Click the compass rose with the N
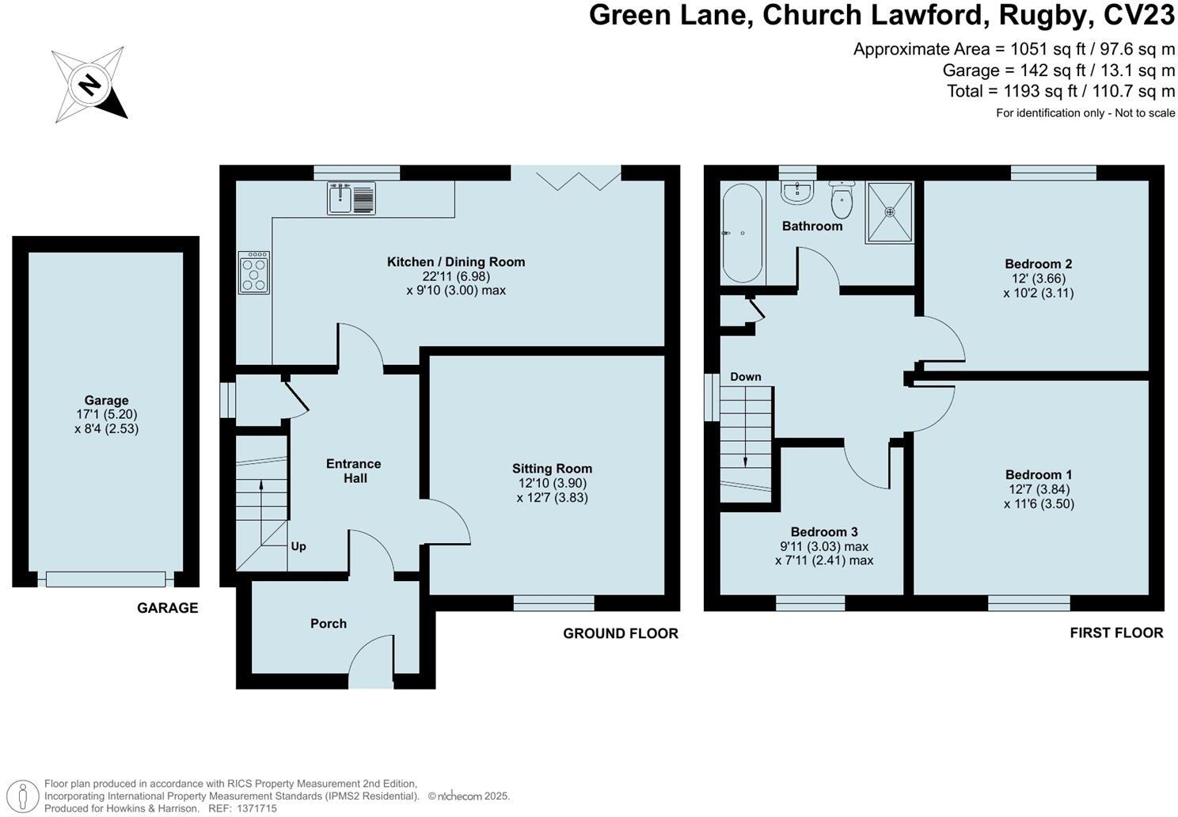pos(89,84)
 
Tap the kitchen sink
pos(351,198)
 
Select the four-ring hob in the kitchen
pos(253,272)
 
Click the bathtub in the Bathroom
pos(742,233)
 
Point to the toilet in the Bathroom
pos(842,199)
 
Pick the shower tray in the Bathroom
pos(889,212)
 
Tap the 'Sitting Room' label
pos(552,469)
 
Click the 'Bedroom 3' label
pos(823,532)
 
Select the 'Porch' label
pos(329,624)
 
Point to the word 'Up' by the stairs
pos(298,546)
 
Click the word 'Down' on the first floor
pos(745,377)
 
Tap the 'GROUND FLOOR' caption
pos(621,633)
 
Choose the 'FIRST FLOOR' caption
pos(1116,633)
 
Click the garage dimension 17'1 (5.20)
pos(106,414)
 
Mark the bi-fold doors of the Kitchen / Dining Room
pos(566,177)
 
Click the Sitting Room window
pos(553,603)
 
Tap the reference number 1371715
pos(253,808)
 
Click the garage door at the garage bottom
pos(106,579)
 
